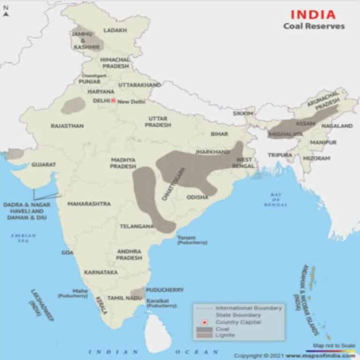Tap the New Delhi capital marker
(x=113, y=100)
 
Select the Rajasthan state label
(x=67, y=126)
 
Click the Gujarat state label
(x=44, y=165)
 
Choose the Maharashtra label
(x=89, y=204)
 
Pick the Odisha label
(x=197, y=197)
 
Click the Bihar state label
(x=219, y=134)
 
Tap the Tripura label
(x=280, y=155)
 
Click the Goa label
(x=67, y=253)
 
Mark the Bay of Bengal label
(x=275, y=200)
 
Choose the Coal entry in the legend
(x=222, y=329)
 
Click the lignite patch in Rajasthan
(x=73, y=105)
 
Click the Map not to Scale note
(x=333, y=345)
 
